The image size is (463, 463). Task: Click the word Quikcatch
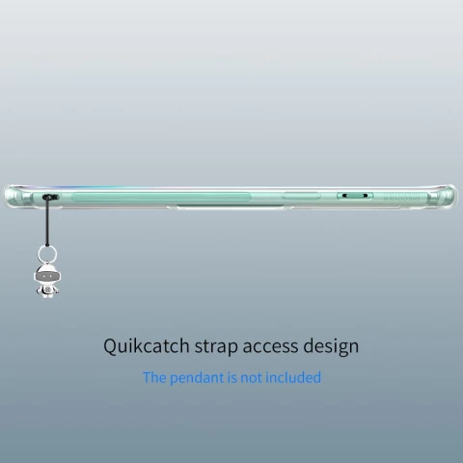tap(147, 346)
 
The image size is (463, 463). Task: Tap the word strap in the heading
tap(216, 347)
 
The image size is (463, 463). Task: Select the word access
tap(270, 347)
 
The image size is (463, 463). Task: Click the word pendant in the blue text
tap(197, 378)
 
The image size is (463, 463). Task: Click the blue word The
tap(154, 377)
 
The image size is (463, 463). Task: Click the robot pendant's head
tap(47, 274)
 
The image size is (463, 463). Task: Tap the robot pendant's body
tap(47, 290)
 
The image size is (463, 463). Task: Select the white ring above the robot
tap(47, 255)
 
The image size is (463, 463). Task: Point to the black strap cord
tap(47, 222)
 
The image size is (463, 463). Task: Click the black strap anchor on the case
tap(51, 197)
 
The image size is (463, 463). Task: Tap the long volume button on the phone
tap(161, 197)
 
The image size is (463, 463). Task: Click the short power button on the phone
tap(301, 196)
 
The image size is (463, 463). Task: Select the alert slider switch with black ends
tap(355, 196)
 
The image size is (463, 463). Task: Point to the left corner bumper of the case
tap(13, 197)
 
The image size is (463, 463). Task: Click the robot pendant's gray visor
tap(47, 276)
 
